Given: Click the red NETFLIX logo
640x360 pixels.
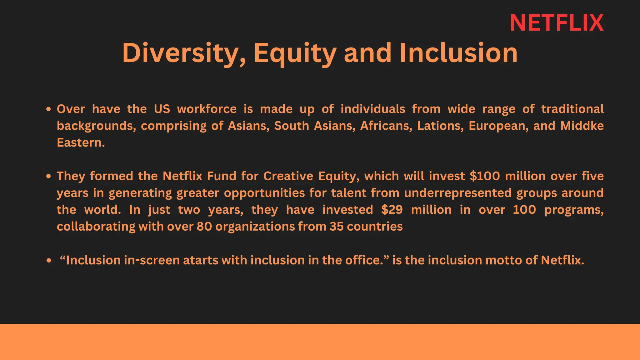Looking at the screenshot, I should [557, 23].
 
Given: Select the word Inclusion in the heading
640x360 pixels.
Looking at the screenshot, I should [458, 53].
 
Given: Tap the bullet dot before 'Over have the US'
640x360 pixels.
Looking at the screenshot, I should [48, 109].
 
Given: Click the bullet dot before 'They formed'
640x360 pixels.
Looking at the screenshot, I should [48, 177].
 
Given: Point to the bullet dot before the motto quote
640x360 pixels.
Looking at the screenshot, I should [48, 260].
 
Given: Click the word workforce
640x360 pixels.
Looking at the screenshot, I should [207, 109].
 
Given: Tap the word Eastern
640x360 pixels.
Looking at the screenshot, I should [81, 142].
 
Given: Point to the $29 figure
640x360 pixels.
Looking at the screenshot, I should [392, 210].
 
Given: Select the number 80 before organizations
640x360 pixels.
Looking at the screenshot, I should [204, 227].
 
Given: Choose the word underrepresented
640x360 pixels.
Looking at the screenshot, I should [458, 193].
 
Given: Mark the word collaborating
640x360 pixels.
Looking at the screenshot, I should [96, 227].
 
